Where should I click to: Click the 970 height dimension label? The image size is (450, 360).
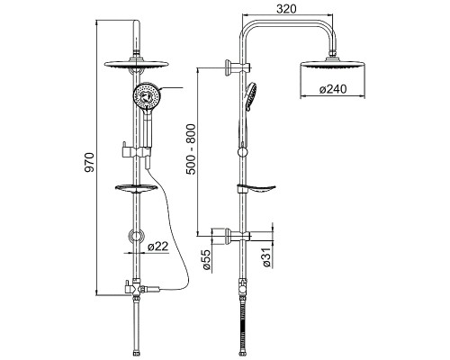89,162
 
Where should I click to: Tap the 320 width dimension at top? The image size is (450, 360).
286,9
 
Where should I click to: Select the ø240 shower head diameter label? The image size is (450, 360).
333,89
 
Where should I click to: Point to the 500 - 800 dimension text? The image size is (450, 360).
191,149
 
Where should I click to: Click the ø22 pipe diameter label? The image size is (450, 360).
158,247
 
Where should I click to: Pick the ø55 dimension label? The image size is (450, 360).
207,259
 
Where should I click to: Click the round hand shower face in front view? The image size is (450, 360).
147,95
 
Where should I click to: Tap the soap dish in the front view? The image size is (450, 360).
137,188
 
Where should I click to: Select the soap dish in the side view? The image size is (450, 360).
256,189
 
